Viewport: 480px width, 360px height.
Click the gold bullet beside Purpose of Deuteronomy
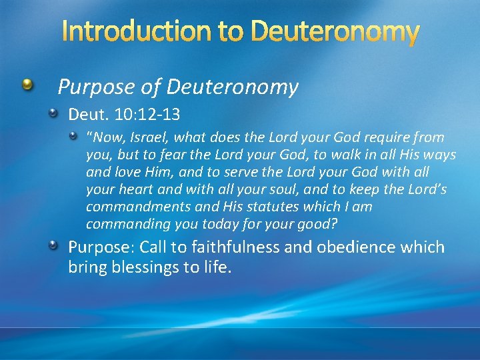point(27,85)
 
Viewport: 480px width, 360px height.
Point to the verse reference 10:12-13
point(147,115)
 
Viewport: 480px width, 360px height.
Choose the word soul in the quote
point(285,190)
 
